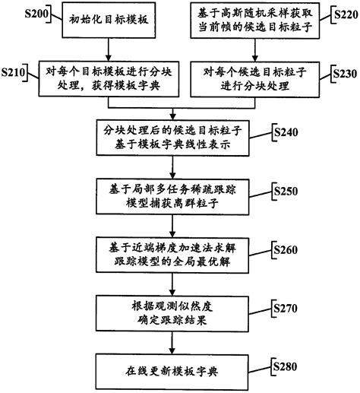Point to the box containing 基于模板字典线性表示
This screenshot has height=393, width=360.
pos(179,137)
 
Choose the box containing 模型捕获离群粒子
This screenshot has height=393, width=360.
pos(179,195)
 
